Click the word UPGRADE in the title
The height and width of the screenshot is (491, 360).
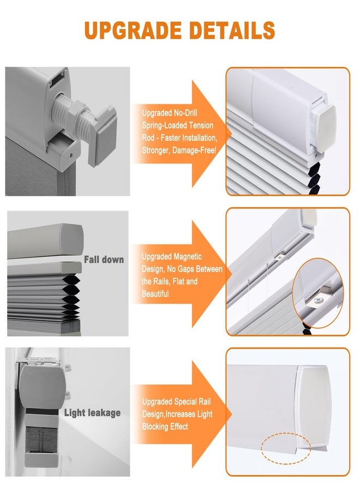tap(133, 31)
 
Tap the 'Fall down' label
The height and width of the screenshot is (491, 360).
tap(104, 259)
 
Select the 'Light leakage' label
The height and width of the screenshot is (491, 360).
tap(92, 413)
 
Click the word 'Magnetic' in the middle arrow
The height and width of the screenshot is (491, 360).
tap(187, 257)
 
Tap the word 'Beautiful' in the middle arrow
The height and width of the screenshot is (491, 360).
tap(155, 294)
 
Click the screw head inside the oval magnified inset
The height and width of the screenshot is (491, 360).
tap(319, 301)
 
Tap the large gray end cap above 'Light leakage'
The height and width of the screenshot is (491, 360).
tap(43, 387)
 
